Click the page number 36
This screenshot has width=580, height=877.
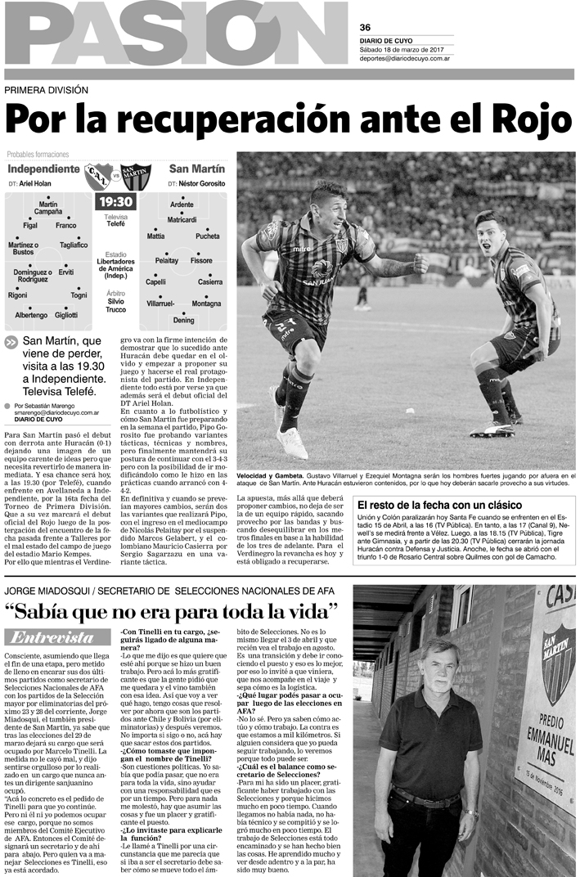click(x=365, y=27)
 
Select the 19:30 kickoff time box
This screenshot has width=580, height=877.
click(x=115, y=201)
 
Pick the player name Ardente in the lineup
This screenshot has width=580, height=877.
click(x=182, y=204)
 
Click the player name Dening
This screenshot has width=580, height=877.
click(x=183, y=320)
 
